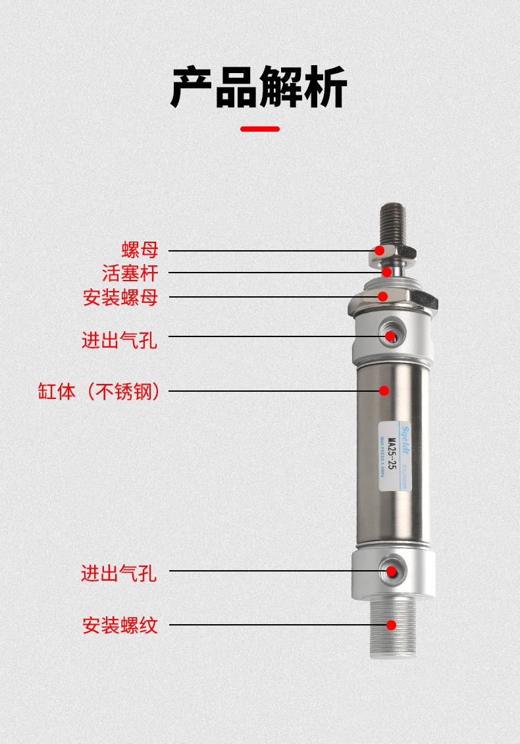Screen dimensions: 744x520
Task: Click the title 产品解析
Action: (259, 87)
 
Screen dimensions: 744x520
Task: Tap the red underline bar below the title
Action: (260, 129)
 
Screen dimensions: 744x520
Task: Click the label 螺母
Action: (140, 250)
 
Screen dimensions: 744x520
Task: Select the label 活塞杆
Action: (130, 273)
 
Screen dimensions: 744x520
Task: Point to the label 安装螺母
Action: (120, 297)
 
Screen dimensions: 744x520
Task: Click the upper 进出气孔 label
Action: (119, 340)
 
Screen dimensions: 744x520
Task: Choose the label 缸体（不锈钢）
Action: (99, 392)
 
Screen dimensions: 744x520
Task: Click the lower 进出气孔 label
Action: (119, 573)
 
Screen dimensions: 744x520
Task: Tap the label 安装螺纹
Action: (120, 625)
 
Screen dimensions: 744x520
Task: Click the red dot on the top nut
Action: (380, 250)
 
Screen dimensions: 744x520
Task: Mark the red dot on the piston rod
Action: (387, 272)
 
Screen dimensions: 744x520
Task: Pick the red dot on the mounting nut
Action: (382, 296)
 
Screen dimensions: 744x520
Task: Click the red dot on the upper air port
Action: (390, 336)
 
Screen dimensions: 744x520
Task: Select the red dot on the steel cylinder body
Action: (384, 390)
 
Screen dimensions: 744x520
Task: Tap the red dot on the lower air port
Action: (392, 571)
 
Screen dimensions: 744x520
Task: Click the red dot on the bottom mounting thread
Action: (392, 625)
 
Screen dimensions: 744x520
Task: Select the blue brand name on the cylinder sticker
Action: (405, 439)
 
